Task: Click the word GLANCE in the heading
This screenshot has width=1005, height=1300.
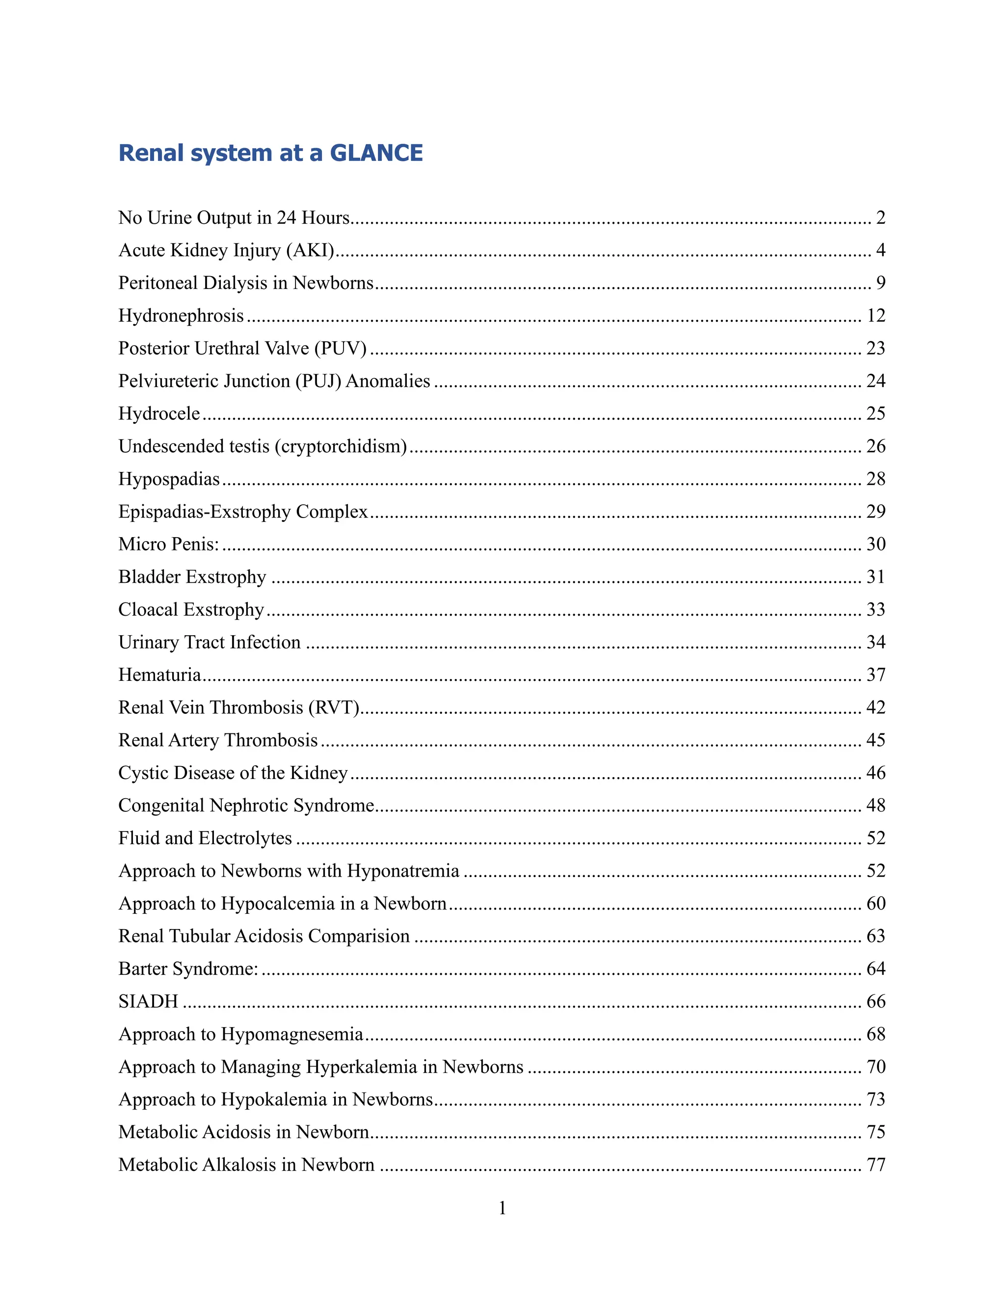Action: pos(376,153)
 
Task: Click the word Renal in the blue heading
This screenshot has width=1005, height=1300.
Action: pos(151,153)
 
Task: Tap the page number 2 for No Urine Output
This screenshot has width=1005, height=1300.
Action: pos(880,218)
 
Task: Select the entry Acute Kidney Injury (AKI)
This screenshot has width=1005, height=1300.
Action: pos(226,250)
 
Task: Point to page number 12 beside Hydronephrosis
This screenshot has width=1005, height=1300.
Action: pos(876,315)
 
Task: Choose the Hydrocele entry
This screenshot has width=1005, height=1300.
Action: pos(159,414)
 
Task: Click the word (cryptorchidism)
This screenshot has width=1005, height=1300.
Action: pos(341,446)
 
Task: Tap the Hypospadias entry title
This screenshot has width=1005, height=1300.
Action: pos(169,479)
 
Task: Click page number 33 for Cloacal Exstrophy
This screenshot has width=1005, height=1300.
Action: pos(876,609)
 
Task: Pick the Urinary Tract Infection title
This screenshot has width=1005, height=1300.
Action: pos(209,642)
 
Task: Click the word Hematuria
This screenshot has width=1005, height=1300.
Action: pos(159,675)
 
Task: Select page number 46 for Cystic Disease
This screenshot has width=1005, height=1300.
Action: pos(876,773)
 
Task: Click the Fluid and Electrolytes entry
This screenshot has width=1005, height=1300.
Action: pos(205,838)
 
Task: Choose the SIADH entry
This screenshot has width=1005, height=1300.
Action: pos(148,1002)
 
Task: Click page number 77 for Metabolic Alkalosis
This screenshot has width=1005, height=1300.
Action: pos(876,1165)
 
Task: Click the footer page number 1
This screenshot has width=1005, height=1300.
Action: pos(502,1208)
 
